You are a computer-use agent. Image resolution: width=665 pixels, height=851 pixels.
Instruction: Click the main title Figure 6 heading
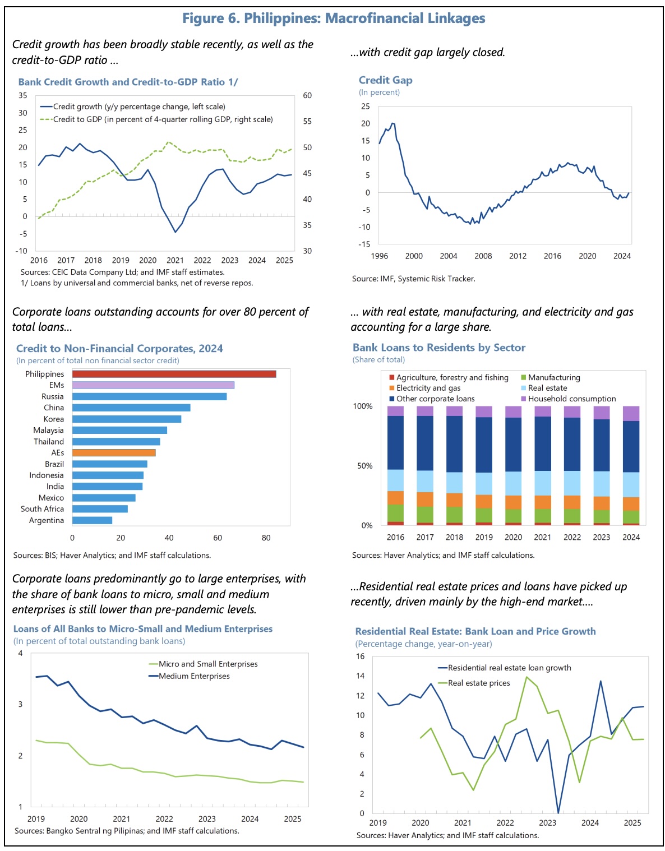click(334, 18)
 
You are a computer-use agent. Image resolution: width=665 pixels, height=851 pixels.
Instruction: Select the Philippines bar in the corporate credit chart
click(174, 374)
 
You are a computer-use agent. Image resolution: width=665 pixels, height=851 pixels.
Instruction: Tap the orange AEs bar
click(114, 453)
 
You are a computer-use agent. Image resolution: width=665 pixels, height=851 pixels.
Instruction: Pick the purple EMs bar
click(153, 385)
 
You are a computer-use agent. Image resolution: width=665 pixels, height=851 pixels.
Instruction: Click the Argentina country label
click(47, 520)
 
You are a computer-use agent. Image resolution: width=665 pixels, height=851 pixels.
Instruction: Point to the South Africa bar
click(100, 509)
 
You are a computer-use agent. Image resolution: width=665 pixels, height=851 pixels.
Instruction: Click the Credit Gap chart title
click(386, 80)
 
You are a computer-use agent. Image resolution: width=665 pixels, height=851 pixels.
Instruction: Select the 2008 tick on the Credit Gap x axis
click(483, 256)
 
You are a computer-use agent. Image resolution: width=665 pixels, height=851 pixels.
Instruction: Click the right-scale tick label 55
click(307, 121)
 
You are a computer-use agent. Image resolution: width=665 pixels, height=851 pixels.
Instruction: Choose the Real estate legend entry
click(547, 388)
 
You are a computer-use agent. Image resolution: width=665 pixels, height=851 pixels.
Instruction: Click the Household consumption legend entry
click(572, 399)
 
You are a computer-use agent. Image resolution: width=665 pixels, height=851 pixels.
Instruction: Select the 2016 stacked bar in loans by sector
click(395, 465)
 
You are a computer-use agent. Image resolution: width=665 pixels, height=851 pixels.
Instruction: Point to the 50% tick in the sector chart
click(364, 466)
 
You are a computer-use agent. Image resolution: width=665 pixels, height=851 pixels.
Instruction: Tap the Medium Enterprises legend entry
click(194, 676)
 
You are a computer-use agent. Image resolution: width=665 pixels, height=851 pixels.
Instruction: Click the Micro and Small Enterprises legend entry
click(208, 664)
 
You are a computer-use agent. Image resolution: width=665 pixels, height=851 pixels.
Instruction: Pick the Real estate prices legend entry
click(479, 683)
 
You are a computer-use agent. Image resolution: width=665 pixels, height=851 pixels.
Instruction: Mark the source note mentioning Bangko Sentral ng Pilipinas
click(127, 831)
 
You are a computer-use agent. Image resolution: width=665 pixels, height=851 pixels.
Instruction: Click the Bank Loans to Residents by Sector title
click(439, 348)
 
